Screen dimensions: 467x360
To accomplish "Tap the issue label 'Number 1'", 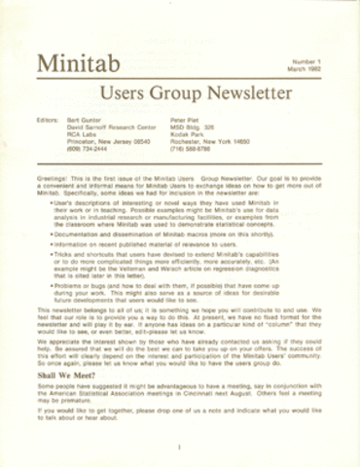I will (303, 60).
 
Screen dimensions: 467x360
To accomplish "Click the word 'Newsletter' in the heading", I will (244, 94).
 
